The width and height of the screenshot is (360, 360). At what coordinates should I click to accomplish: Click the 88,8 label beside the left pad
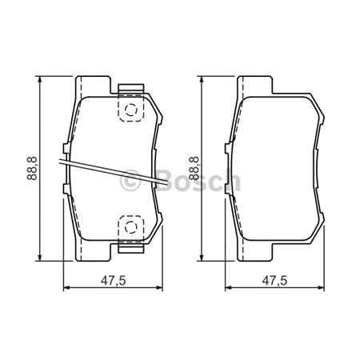coord(31,169)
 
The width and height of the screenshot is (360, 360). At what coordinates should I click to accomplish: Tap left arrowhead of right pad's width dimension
coord(226,287)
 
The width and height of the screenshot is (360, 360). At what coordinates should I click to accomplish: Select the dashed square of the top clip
coord(130,109)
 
